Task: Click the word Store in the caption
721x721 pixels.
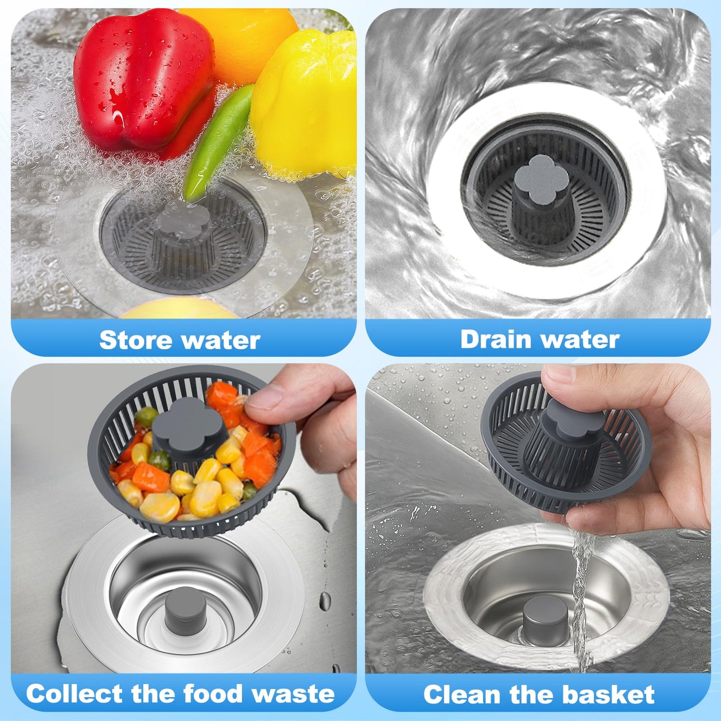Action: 136,340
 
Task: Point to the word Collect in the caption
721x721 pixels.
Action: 74,694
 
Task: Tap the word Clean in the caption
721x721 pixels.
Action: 462,695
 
